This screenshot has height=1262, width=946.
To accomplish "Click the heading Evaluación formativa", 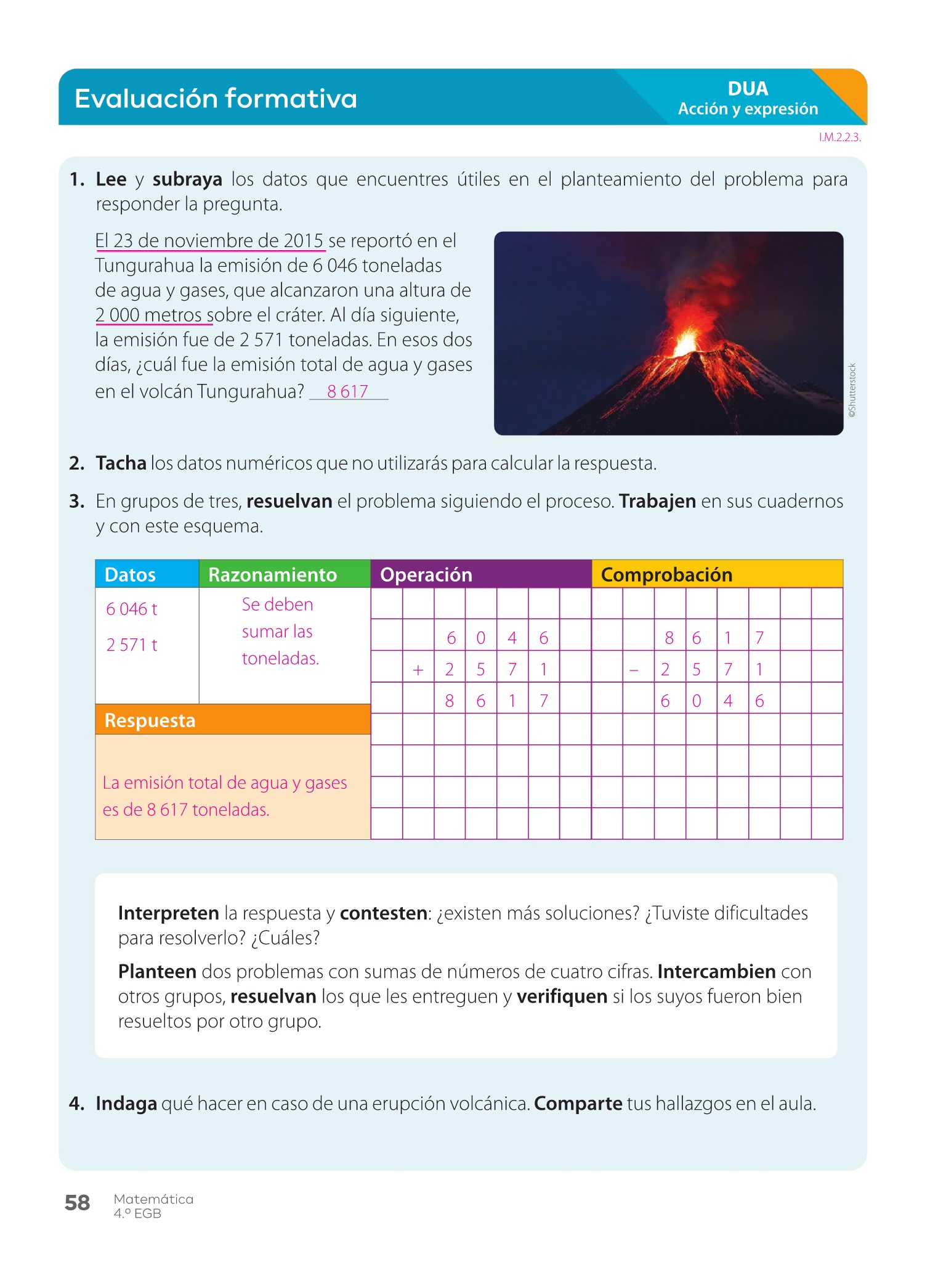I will pos(216,99).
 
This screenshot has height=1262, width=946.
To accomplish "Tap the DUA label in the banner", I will pos(748,89).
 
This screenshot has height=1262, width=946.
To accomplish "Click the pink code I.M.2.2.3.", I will pos(839,137).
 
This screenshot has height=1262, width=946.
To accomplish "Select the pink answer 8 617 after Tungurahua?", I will pos(347,391).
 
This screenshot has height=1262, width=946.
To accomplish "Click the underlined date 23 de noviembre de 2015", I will pos(219,241).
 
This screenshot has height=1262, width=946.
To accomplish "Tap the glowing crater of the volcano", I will pos(685,343).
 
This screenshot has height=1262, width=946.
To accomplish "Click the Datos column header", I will pos(131,574).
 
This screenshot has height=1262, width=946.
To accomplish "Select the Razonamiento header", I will pos(273,574).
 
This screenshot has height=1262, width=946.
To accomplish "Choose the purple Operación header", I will pos(426,574).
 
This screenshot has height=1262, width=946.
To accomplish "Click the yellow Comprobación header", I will pos(666,574).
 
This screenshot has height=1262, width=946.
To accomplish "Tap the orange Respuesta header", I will pos(150,720).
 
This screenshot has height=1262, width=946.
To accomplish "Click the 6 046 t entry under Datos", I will pos(132,609).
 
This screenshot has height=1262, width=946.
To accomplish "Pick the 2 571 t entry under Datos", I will pos(132,645).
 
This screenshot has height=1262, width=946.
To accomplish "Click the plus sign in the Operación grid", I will pos(418,670).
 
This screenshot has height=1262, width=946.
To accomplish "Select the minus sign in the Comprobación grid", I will pos(634,670).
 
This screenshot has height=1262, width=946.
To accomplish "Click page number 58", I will pos(78,1203).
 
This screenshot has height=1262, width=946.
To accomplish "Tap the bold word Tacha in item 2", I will pos(121,463).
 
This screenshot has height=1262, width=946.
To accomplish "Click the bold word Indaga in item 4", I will pos(126,1104).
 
